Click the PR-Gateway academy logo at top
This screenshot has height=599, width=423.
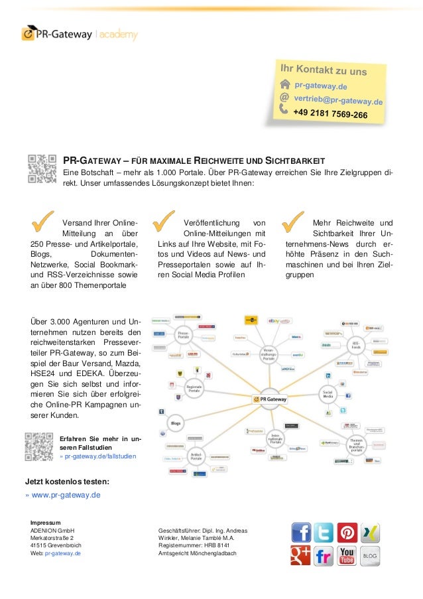[79, 33]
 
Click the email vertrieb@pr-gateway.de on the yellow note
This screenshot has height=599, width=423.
[339, 100]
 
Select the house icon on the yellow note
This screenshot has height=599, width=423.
[285, 84]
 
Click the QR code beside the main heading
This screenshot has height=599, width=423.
[42, 169]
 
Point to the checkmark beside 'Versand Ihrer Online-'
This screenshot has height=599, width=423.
[43, 222]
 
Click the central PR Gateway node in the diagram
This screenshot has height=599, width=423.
[278, 399]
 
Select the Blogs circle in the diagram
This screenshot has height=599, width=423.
[175, 421]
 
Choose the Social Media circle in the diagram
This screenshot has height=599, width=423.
[327, 394]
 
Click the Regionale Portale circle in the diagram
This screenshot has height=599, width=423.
[194, 387]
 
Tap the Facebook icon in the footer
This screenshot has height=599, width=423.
[302, 532]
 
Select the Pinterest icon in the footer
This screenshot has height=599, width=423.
[347, 532]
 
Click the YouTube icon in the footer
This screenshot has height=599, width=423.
[347, 555]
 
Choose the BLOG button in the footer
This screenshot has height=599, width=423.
[370, 555]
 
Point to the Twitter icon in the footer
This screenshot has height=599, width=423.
[324, 532]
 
